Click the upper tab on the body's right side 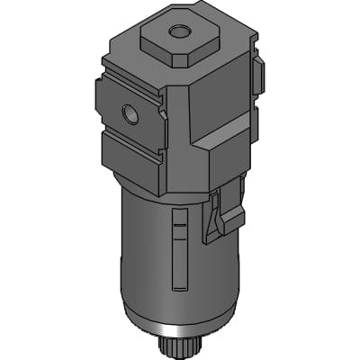pos(258,76)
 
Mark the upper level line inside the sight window pos(179,221)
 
